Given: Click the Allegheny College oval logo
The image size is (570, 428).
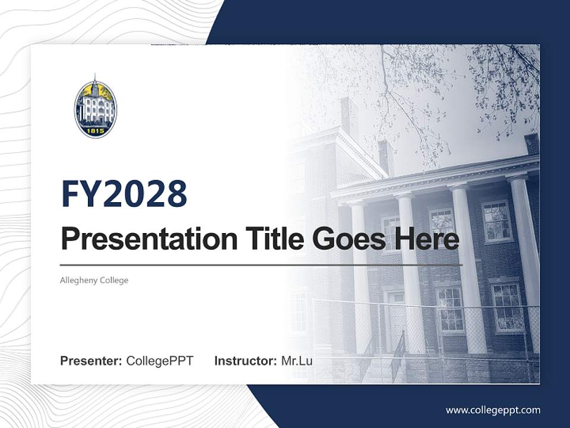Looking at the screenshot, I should [x=96, y=107].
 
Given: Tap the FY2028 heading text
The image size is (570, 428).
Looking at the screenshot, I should [x=124, y=193].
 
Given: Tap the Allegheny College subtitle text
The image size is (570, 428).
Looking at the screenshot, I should [x=94, y=280].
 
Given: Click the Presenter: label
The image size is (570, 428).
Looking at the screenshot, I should [x=91, y=361].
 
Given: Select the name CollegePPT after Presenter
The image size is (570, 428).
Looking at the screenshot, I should [x=160, y=361].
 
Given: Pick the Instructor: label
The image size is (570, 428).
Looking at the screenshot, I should [x=245, y=361].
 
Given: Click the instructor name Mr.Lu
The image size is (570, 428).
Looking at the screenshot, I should [x=296, y=361].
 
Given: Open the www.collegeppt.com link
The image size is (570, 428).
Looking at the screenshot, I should [x=493, y=410].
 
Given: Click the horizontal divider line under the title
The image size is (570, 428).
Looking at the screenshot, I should [x=261, y=265].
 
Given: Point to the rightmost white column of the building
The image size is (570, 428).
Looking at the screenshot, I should [x=525, y=250].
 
